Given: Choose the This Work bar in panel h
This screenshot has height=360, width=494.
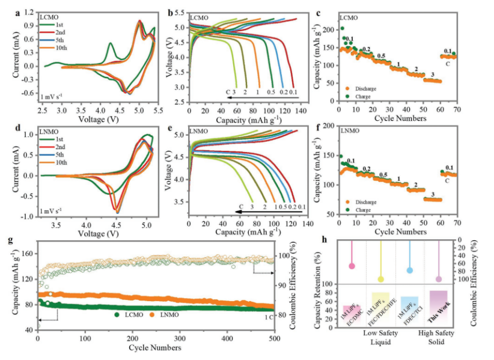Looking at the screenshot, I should click(439, 309).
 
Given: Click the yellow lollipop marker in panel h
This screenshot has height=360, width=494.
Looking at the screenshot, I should click(380, 279).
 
